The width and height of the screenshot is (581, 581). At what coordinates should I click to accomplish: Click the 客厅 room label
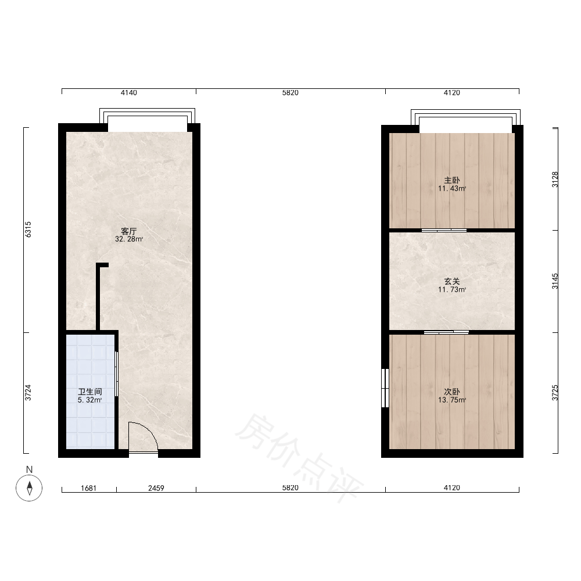coord(129,231)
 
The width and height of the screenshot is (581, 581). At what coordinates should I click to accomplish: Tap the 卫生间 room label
coord(90,392)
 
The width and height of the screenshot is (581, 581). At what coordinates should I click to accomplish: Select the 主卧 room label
coord(452,180)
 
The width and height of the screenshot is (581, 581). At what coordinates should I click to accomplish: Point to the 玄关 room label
coord(452,281)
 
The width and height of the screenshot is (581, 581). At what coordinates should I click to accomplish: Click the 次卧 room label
coord(452,392)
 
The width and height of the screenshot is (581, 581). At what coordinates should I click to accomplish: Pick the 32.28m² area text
coord(129,239)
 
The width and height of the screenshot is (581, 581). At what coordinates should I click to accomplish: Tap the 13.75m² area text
coord(452,400)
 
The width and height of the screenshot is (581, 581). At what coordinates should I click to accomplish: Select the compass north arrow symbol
coord(29,487)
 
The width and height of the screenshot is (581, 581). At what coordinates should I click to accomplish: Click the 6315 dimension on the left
coord(28,229)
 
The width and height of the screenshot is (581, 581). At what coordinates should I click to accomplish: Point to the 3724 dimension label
coord(28,393)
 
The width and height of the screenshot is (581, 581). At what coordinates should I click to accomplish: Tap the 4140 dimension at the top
coord(129,92)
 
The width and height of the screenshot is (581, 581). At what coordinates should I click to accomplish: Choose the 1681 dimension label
coord(88,488)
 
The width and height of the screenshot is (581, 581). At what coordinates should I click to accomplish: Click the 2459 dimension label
coord(156,488)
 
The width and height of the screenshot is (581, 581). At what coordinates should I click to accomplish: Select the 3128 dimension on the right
coord(555,180)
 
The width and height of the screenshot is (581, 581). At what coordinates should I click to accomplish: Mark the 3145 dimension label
coord(555,281)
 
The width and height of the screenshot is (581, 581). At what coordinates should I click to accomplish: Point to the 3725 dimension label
coord(555,393)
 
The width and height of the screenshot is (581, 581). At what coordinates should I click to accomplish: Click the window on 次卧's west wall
coord(385,388)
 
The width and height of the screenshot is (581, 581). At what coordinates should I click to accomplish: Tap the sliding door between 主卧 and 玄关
coord(444,230)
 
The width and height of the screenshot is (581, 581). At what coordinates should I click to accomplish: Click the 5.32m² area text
coord(90,400)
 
